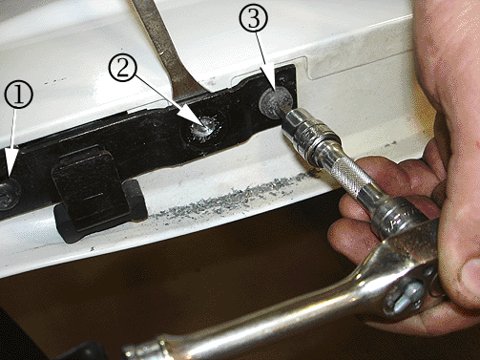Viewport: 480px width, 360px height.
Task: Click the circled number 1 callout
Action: (x=19, y=95)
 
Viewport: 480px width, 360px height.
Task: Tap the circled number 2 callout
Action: (x=123, y=69)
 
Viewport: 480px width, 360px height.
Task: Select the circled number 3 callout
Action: (x=253, y=17)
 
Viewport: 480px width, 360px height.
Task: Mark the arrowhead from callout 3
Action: (x=276, y=93)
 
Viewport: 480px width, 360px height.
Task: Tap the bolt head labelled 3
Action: (x=274, y=102)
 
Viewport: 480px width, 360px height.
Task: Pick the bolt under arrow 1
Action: (x=9, y=194)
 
